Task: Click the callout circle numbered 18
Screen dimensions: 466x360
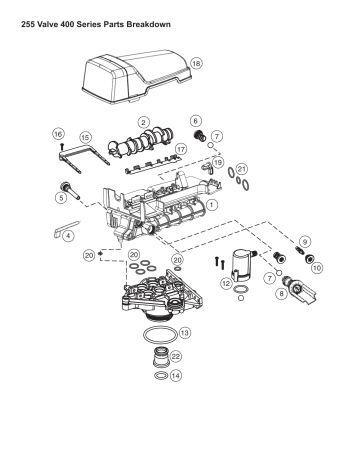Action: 196,62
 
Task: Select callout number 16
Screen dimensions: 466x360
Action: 58,132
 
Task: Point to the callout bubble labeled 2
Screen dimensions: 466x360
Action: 144,122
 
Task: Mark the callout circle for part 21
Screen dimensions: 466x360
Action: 241,170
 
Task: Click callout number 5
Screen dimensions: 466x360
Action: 61,198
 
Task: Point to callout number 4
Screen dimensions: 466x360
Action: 68,237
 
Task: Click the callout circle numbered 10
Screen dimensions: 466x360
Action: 317,268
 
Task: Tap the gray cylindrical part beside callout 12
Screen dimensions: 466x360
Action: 240,265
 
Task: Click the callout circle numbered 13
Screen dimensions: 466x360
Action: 184,331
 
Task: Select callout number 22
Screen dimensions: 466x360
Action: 176,356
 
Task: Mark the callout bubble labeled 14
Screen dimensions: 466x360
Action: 176,377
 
